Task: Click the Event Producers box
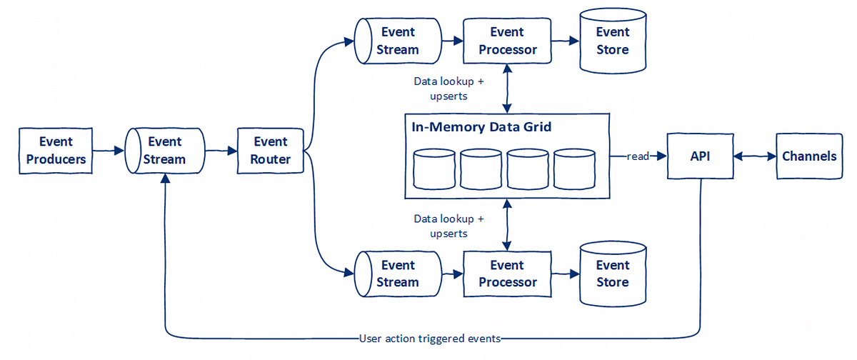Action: (56, 151)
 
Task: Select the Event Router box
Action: (271, 151)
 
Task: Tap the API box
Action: (700, 156)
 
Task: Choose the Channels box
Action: (809, 156)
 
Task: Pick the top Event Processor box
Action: (507, 41)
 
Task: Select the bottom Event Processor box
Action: (507, 274)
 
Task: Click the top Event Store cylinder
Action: (612, 41)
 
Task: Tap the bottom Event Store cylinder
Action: (612, 274)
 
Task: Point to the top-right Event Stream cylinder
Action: (397, 41)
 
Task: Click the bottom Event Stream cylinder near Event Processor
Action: (397, 274)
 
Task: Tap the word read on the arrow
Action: (637, 156)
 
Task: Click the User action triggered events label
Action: (430, 339)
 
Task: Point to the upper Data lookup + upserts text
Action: (448, 88)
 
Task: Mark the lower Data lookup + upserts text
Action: (448, 226)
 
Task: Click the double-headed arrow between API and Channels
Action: (754, 156)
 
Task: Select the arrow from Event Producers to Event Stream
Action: (109, 151)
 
